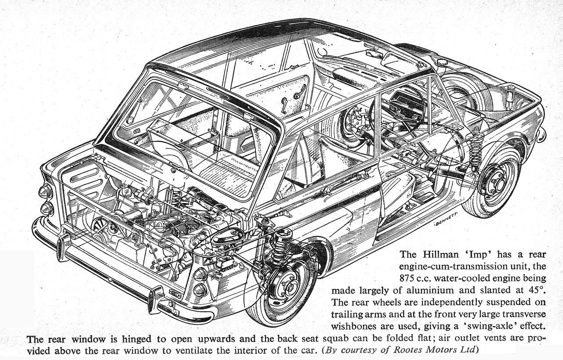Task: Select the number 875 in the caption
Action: pyautogui.click(x=408, y=278)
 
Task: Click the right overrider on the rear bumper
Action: pyautogui.click(x=156, y=298)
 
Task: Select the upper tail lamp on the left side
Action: pyautogui.click(x=45, y=192)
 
